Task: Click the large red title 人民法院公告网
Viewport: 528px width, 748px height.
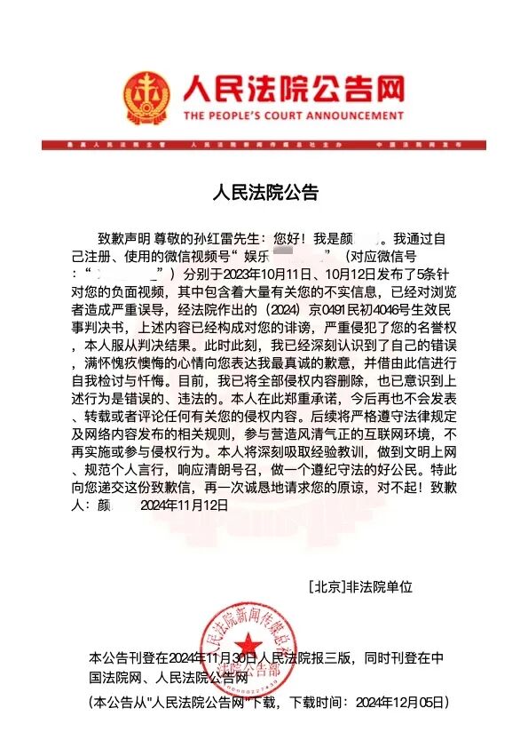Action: (293, 89)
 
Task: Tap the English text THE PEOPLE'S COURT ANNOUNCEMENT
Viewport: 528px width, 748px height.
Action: (294, 116)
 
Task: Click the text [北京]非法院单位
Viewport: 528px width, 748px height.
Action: (361, 587)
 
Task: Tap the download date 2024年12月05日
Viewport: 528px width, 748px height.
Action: (400, 702)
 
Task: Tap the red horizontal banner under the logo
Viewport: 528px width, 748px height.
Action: (264, 144)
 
